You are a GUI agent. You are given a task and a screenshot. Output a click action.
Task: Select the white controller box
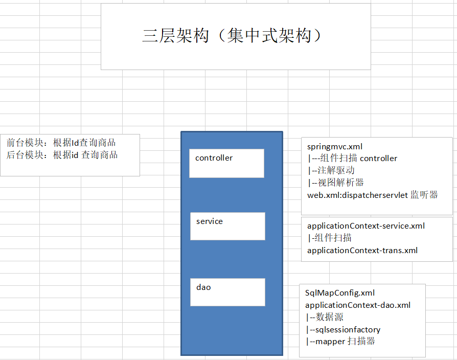pyautogui.click(x=226, y=163)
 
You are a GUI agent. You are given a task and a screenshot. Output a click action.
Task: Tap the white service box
pyautogui.click(x=227, y=226)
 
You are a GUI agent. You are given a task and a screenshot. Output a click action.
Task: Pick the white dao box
pyautogui.click(x=227, y=292)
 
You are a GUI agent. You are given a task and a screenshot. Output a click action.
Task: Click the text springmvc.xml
pyautogui.click(x=335, y=147)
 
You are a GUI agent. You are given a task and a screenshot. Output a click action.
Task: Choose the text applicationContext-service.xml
pyautogui.click(x=366, y=226)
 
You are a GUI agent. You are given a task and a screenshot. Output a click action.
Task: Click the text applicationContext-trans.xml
pyautogui.click(x=362, y=250)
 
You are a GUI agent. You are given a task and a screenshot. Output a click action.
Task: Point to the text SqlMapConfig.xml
pyautogui.click(x=340, y=293)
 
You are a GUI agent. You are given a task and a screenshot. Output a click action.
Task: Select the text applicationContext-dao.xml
pyautogui.click(x=358, y=305)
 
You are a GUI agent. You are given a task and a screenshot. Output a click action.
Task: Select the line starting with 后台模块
pyautogui.click(x=62, y=155)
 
